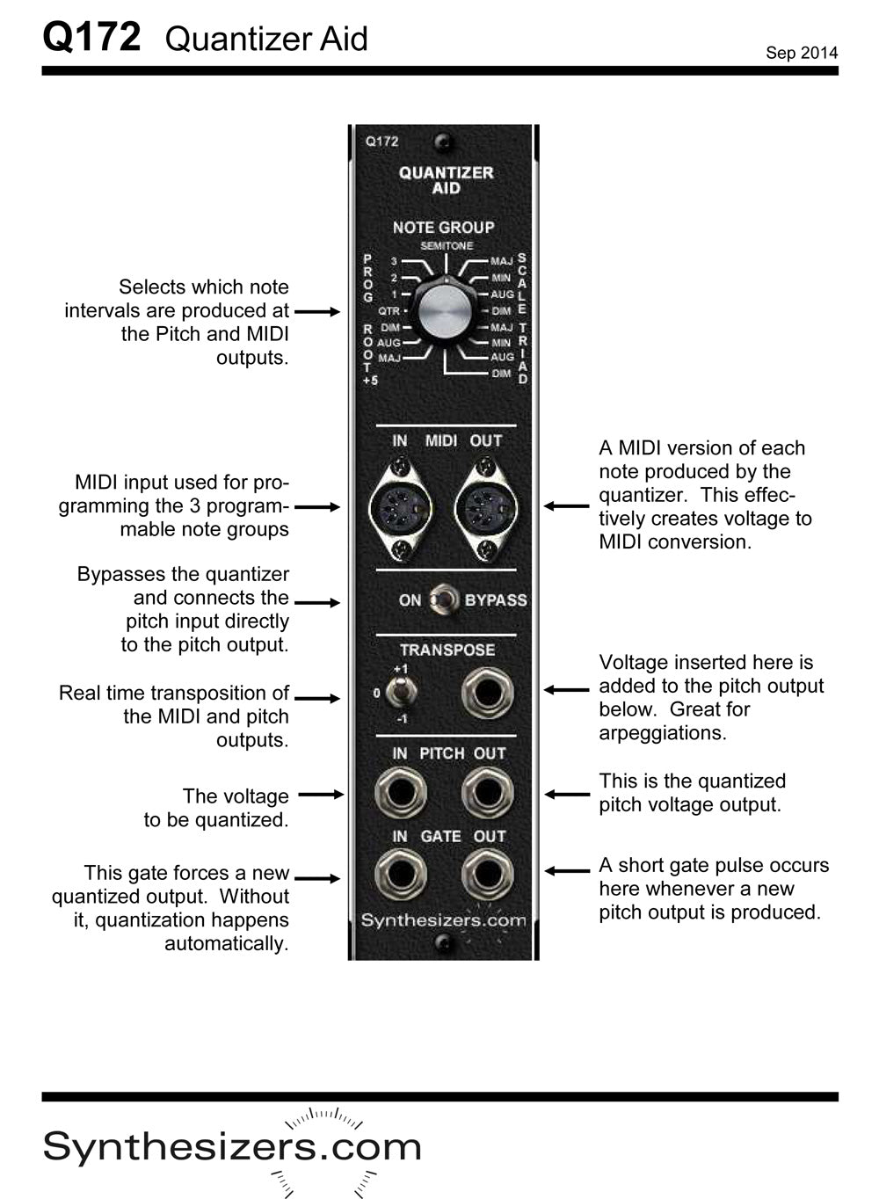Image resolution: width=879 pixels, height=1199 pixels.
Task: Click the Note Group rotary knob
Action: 446,310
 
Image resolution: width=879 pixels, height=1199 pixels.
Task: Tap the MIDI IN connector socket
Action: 401,509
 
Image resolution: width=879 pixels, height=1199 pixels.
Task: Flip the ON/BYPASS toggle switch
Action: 446,600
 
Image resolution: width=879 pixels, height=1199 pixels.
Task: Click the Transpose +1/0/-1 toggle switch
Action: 401,694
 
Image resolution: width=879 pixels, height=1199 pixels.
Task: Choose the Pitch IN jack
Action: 401,794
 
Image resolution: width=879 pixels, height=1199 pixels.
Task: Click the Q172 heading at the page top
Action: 91,37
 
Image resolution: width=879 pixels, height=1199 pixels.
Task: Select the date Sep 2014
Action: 801,53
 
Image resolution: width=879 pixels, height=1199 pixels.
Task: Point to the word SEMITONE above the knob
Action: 446,246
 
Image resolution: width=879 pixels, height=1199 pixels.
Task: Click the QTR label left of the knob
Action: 389,310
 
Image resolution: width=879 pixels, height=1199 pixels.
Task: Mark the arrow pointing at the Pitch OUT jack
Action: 566,794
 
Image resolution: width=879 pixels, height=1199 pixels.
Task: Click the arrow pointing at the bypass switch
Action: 316,602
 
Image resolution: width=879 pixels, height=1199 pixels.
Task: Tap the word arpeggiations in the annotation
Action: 662,732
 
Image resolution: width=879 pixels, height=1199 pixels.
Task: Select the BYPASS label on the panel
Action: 496,600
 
